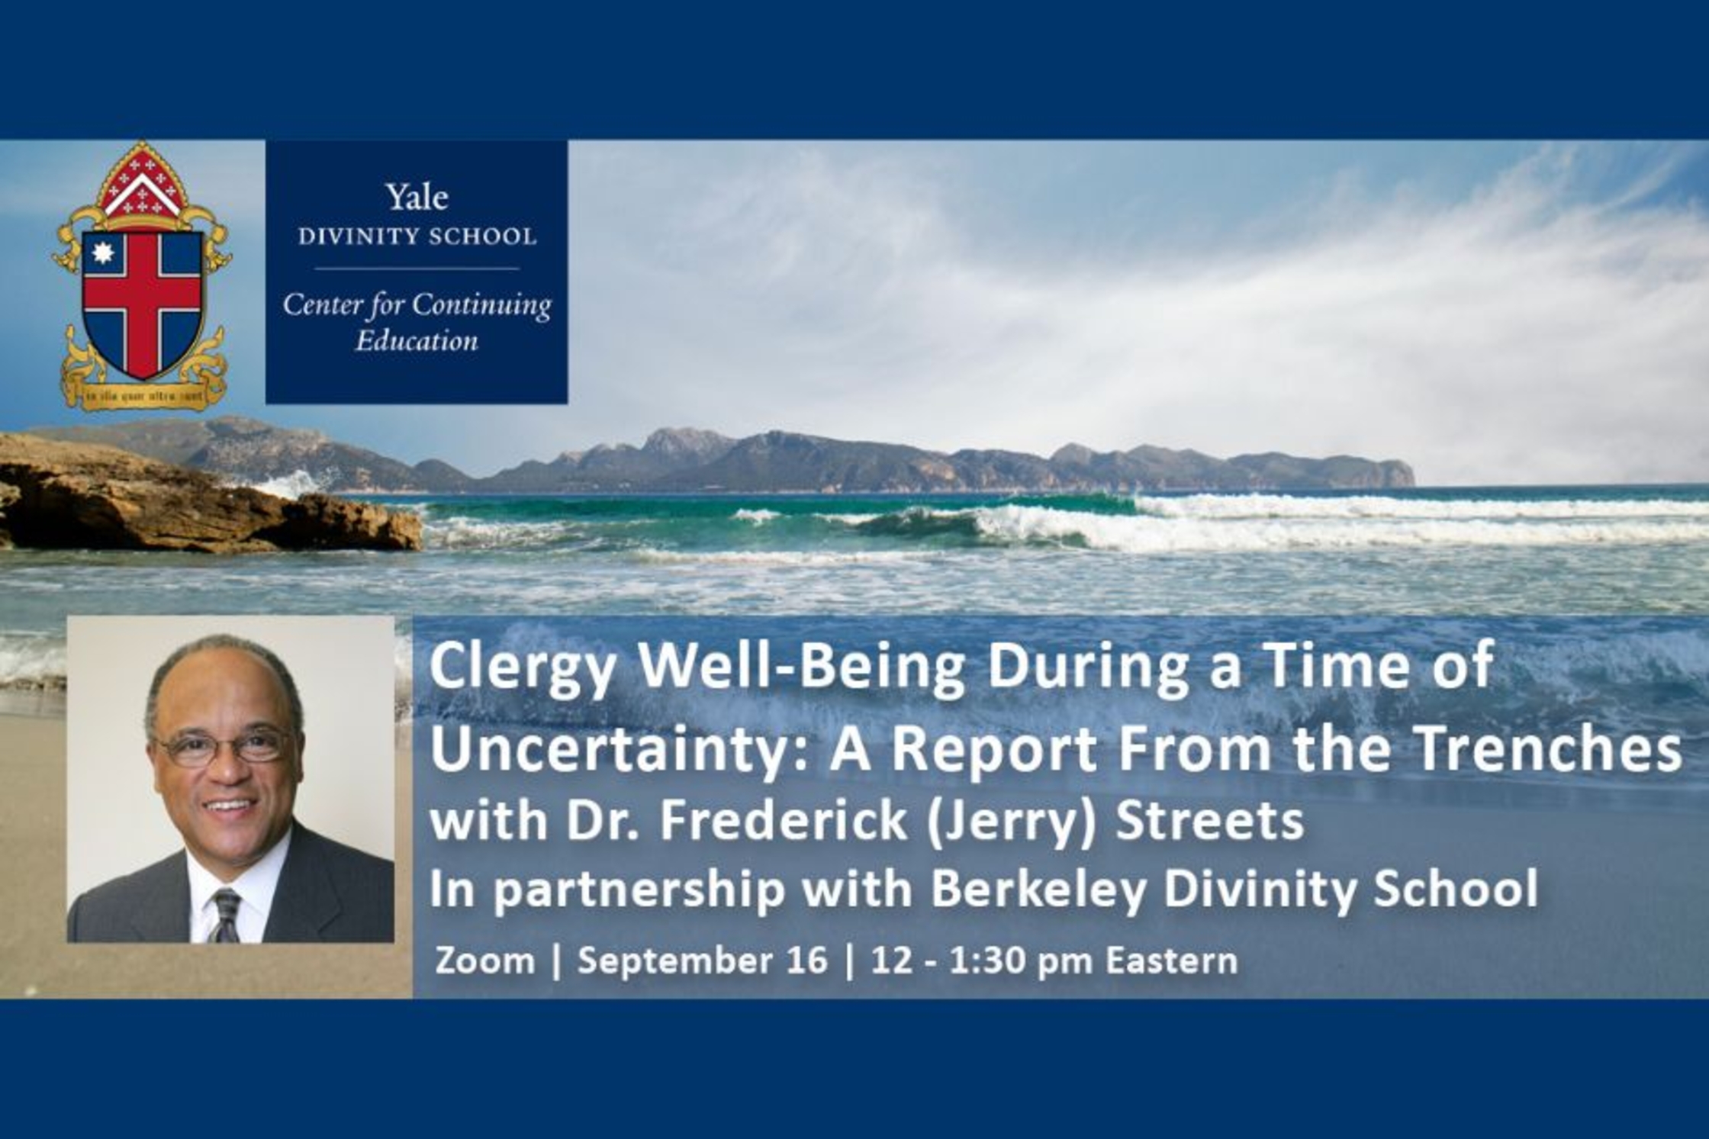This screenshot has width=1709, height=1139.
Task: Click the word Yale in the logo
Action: (417, 198)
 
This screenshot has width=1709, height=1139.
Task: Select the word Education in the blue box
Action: (417, 340)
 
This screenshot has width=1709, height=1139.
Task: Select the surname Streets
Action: (1209, 822)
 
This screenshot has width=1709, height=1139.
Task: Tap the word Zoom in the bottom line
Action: (484, 960)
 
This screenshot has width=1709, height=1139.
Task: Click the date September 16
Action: (702, 960)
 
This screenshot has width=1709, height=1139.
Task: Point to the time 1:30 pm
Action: (1022, 960)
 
